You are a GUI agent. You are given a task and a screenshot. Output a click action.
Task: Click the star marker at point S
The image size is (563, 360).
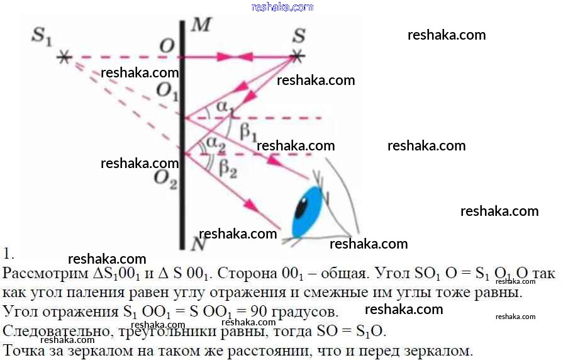(298, 57)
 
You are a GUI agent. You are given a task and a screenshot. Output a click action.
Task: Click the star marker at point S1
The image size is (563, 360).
(64, 57)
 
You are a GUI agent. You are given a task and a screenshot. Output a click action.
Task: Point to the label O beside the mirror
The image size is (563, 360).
(167, 46)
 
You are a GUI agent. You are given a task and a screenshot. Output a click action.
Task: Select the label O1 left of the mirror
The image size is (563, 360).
(167, 92)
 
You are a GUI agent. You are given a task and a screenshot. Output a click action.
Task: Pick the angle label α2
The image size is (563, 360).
(216, 144)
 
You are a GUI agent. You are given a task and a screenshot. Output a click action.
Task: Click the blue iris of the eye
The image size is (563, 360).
(309, 211)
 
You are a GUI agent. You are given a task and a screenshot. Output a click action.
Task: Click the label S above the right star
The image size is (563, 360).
(298, 36)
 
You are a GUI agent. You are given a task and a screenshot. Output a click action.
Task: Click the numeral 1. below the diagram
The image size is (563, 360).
(8, 255)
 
